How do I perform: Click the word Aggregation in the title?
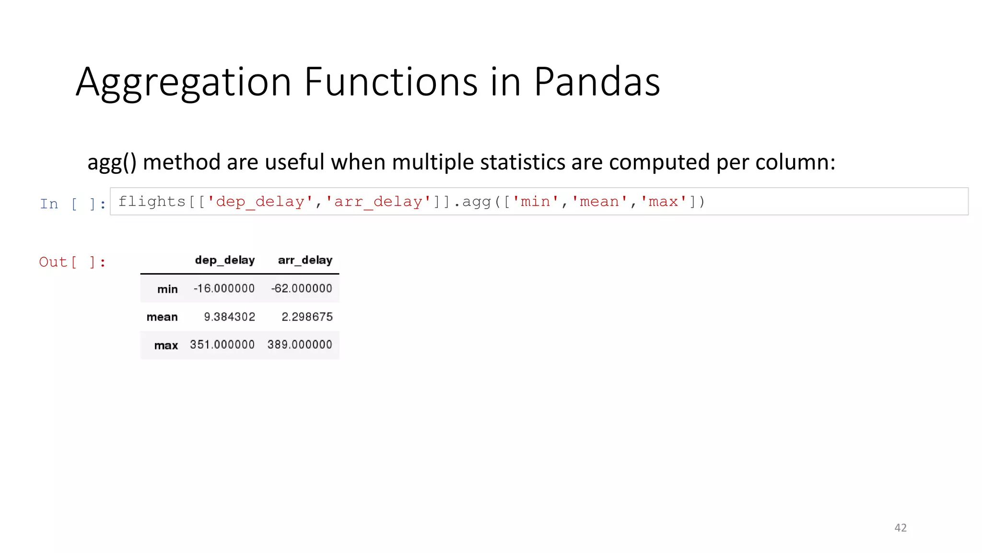[x=183, y=83]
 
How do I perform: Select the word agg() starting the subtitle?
[x=112, y=162]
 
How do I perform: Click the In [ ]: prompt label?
[x=72, y=204]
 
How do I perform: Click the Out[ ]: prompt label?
[x=72, y=262]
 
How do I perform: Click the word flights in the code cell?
[x=152, y=202]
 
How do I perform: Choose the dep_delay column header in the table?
[x=224, y=260]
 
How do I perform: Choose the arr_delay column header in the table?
[x=305, y=260]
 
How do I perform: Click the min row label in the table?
[x=167, y=289]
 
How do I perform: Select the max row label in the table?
[x=166, y=346]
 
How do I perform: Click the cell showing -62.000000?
[x=302, y=289]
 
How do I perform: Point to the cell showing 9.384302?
[x=229, y=317]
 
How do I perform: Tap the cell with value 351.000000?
[x=222, y=345]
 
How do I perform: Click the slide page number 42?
[x=900, y=528]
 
